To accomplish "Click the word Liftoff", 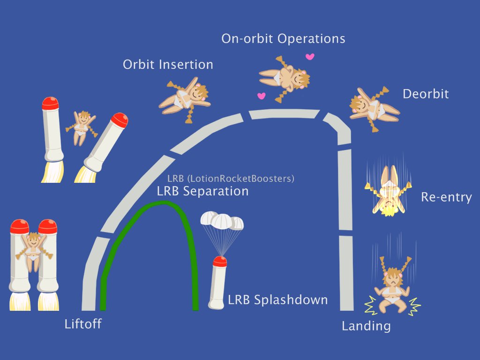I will [83, 324].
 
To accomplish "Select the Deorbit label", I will [426, 94].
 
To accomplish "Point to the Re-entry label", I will [446, 197].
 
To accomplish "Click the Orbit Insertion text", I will [168, 64].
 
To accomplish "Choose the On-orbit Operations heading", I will [283, 38].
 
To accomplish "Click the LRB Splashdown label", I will [278, 300].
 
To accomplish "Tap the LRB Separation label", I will [202, 191].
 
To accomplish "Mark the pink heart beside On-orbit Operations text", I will [309, 57].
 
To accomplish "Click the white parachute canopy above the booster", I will [222, 221].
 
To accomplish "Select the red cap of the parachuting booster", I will [220, 262].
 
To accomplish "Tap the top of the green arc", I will [163, 202].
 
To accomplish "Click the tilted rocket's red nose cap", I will [119, 120].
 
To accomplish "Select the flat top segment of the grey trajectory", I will [284, 113].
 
